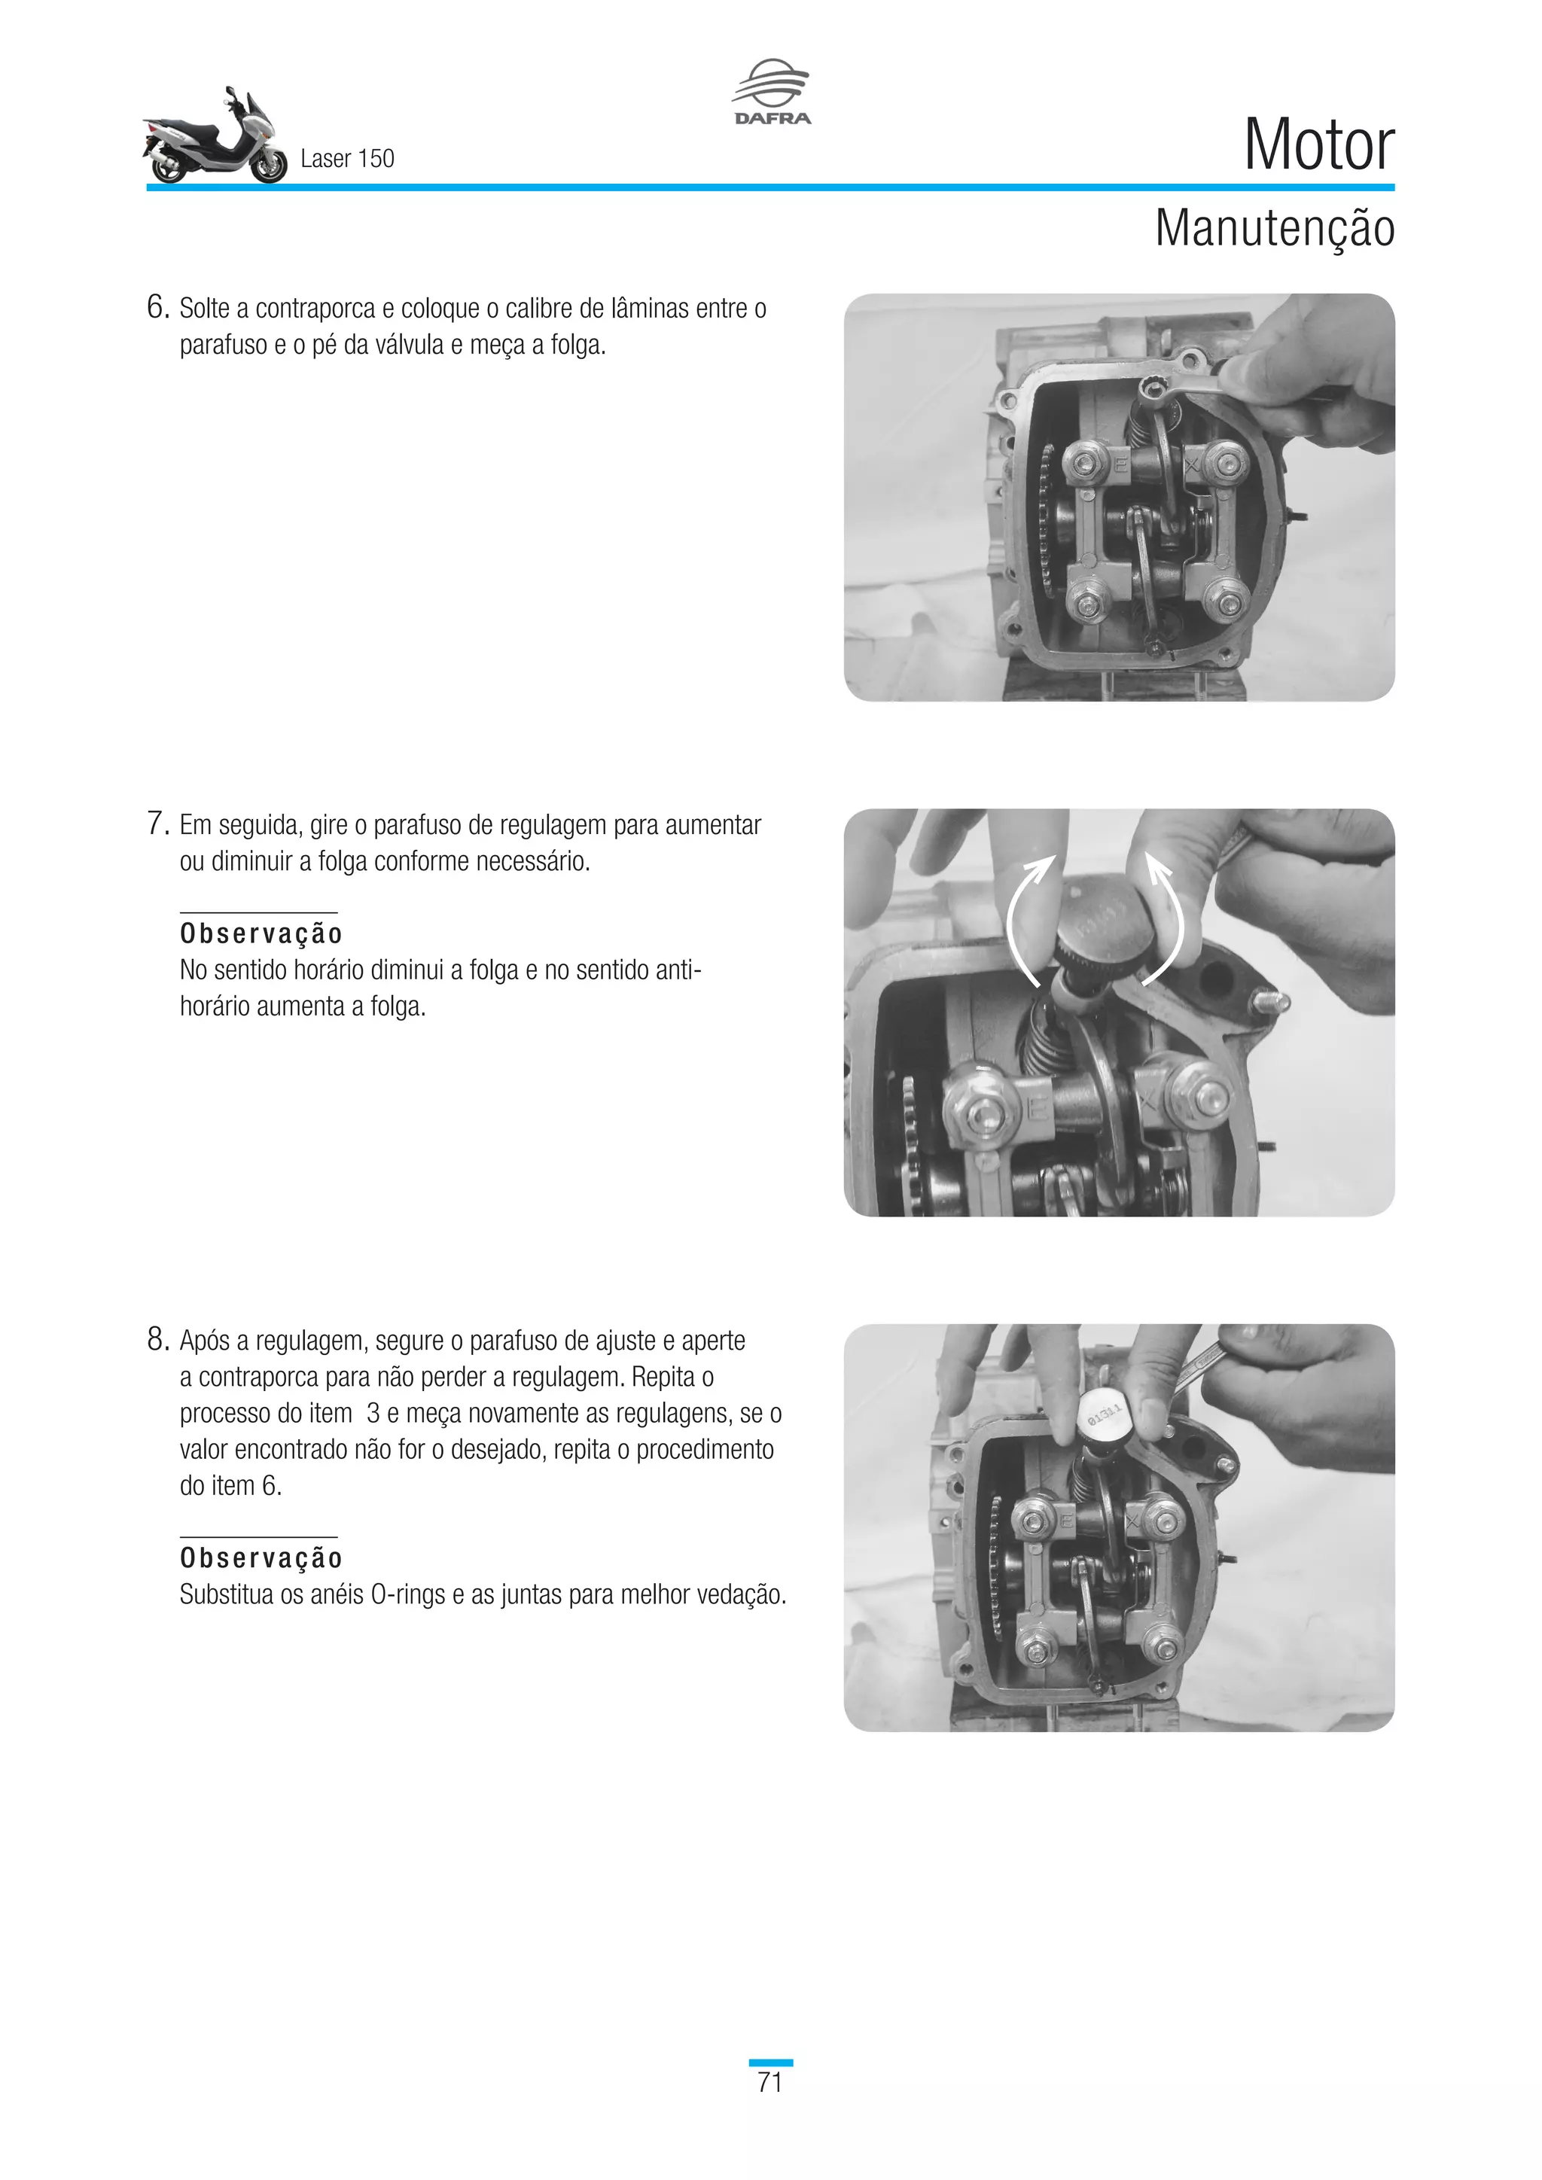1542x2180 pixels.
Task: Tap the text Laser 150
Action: pos(346,159)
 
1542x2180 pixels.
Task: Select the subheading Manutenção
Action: pos(1273,229)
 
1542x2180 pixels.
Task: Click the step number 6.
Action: pos(157,308)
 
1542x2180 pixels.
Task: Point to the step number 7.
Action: pos(157,824)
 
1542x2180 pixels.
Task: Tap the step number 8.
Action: pos(157,1340)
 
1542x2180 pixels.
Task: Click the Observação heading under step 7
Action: pos(261,933)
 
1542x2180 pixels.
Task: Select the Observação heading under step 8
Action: pos(261,1558)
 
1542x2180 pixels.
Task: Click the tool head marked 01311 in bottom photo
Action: pos(1103,1417)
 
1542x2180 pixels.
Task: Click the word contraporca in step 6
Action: pos(316,309)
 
